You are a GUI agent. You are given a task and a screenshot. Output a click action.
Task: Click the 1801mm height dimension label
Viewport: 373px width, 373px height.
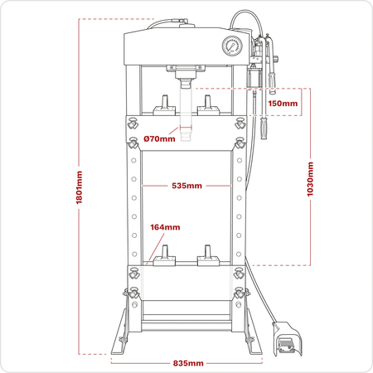[x=80, y=187]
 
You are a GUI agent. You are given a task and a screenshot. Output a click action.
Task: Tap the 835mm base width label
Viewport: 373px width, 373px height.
[x=188, y=363]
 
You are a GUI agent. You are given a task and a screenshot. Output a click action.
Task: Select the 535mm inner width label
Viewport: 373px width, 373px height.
[x=186, y=186]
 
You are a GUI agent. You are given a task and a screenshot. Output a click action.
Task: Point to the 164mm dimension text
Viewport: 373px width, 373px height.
[x=165, y=227]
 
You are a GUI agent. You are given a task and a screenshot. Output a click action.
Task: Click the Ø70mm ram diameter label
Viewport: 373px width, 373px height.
[x=159, y=138]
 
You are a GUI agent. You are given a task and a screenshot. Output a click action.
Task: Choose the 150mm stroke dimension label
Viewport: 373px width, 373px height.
[x=283, y=104]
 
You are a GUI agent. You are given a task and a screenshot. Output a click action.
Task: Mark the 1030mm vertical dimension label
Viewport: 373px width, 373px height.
[x=310, y=179]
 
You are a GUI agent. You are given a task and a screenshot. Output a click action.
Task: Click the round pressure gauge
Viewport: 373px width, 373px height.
[x=232, y=46]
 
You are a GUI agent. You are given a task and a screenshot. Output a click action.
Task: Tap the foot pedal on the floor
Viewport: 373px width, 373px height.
[x=288, y=339]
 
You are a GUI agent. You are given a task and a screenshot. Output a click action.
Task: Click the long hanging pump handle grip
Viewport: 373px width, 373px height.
[x=264, y=128]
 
